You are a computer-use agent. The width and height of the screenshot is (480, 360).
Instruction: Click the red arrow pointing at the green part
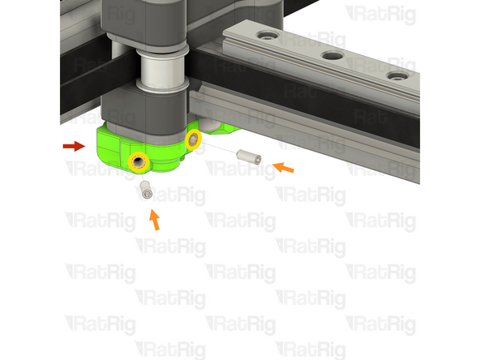click(x=74, y=146)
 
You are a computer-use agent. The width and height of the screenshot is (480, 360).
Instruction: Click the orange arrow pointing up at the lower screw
click(x=154, y=219)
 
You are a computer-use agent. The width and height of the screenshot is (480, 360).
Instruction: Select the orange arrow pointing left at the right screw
click(x=283, y=168)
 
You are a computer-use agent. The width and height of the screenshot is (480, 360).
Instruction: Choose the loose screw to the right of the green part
click(x=246, y=156)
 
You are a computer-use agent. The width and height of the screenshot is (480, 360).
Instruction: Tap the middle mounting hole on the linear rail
click(x=331, y=56)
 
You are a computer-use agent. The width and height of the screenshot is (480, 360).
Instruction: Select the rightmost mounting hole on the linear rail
click(x=396, y=75)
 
